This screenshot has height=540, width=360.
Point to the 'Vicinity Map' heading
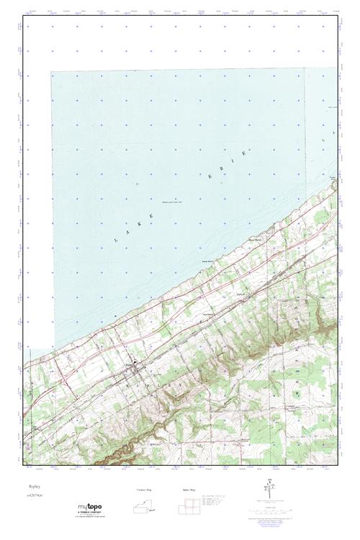click(x=145, y=489)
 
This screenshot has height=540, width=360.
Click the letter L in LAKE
click(x=115, y=237)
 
